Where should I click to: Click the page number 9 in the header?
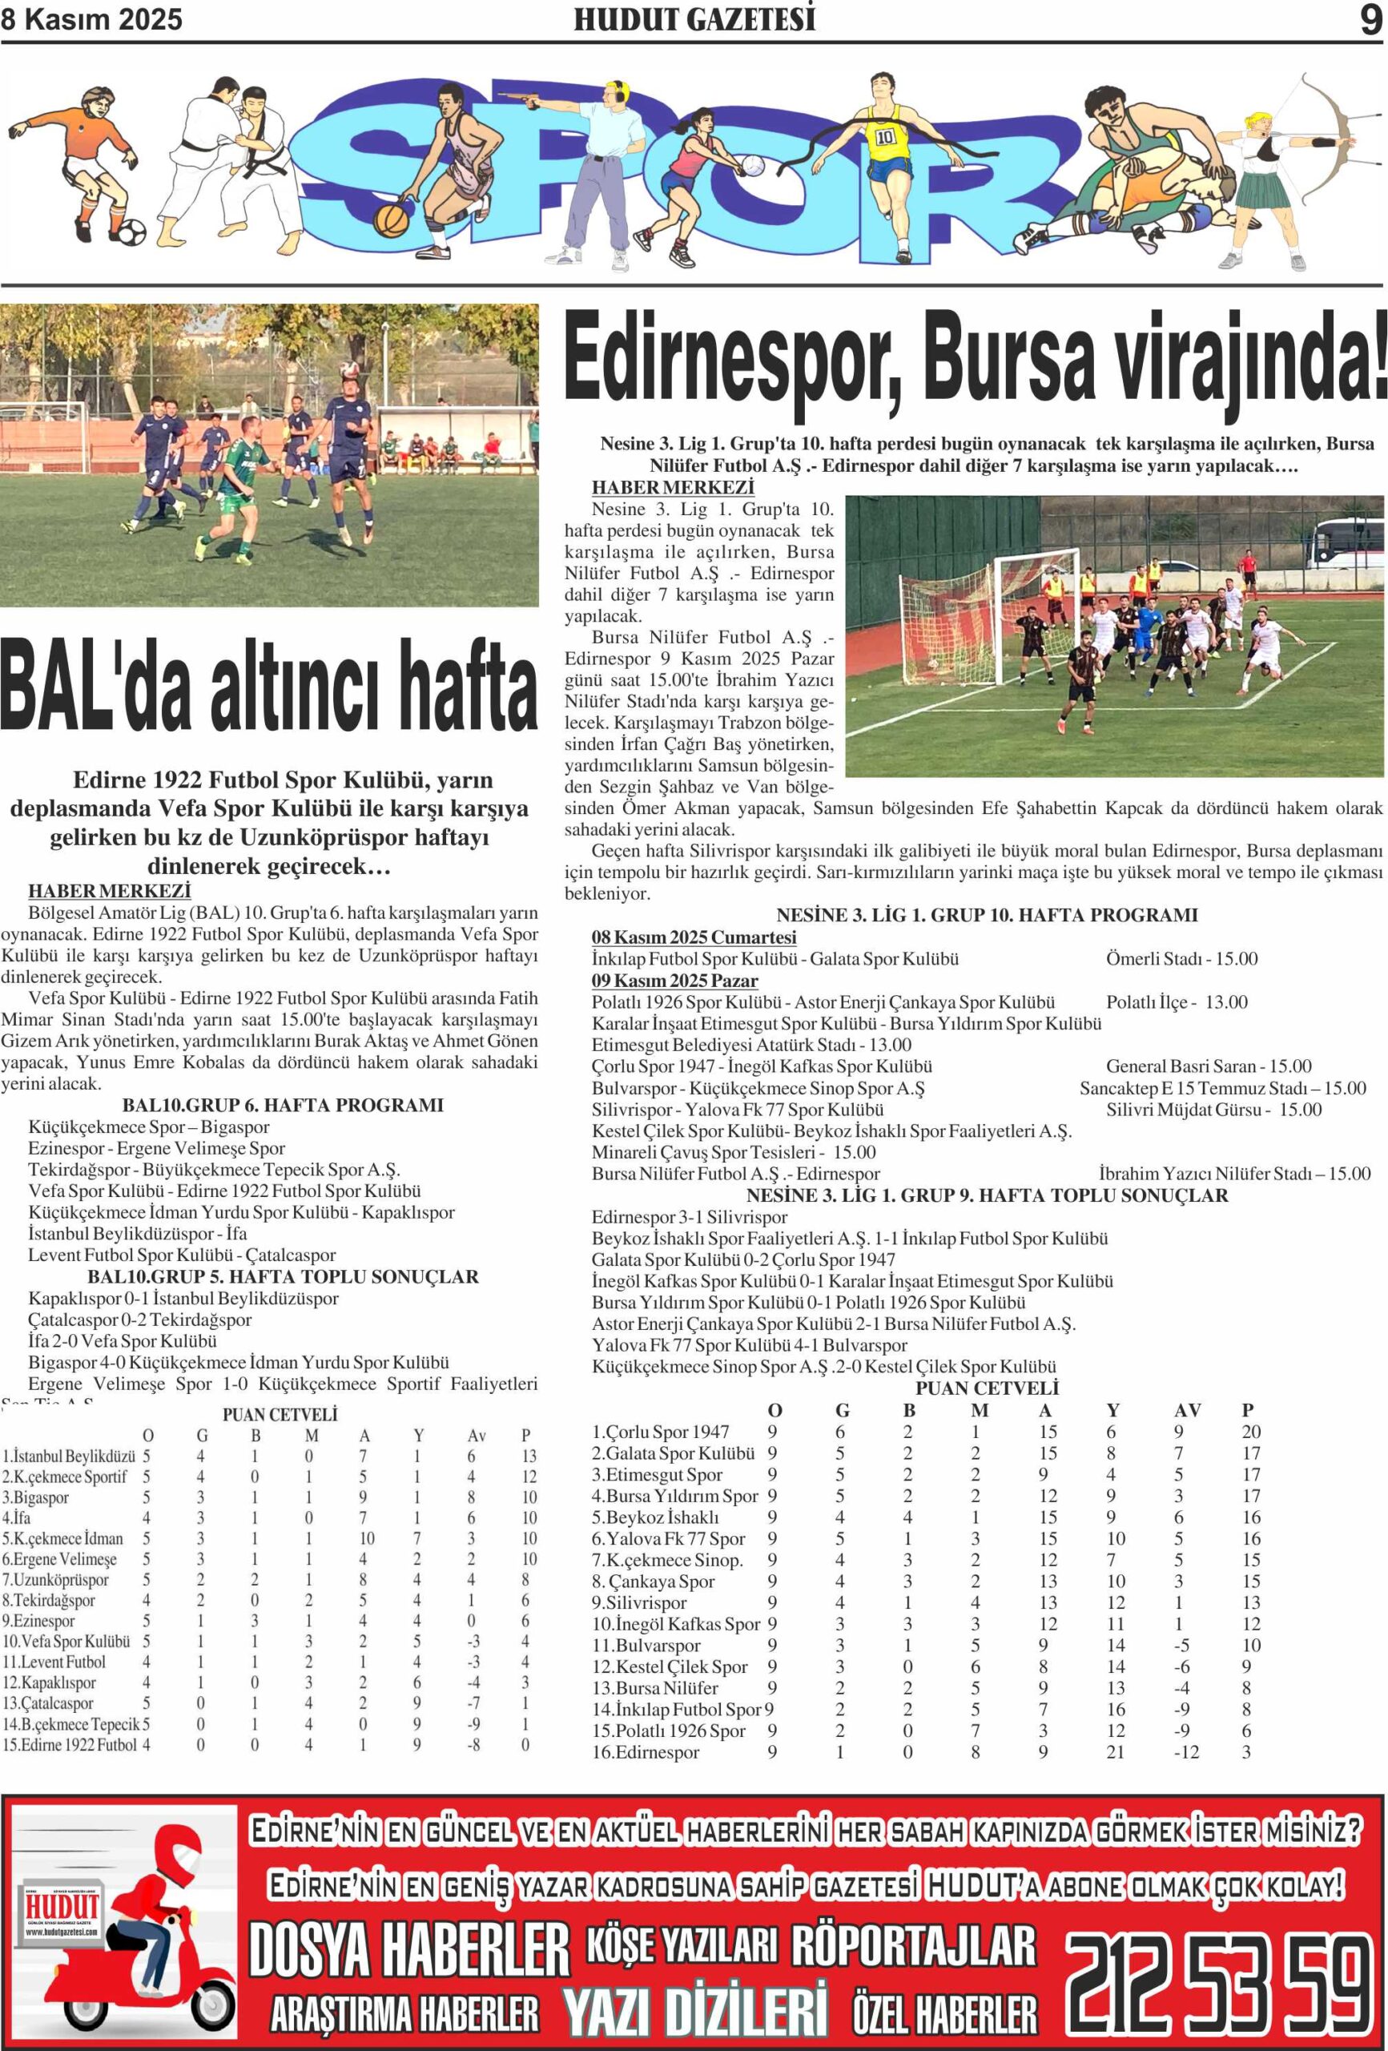click(1370, 19)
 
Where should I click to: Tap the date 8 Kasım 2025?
click(92, 19)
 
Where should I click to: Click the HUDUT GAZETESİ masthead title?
click(694, 19)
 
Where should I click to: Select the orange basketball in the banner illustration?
click(391, 219)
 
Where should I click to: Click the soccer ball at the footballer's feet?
click(131, 233)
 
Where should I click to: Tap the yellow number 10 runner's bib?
click(885, 137)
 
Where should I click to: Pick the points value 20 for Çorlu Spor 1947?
click(1250, 1432)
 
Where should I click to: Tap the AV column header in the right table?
click(1187, 1410)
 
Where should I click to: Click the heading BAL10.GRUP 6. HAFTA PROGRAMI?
click(283, 1105)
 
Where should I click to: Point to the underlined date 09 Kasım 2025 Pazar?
click(674, 981)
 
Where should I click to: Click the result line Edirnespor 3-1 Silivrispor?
click(689, 1217)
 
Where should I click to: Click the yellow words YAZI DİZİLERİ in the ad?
click(695, 2009)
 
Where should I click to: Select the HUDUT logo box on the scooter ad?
click(62, 1908)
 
